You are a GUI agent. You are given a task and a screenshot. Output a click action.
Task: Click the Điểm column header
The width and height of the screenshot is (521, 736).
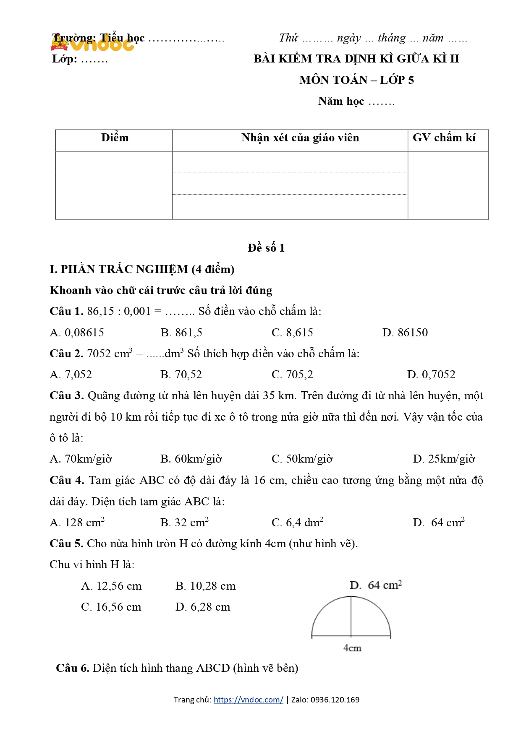tap(115, 138)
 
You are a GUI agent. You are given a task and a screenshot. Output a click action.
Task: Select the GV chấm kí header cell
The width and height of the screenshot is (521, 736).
tap(444, 138)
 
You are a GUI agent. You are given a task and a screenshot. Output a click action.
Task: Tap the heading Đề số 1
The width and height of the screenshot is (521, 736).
tap(266, 248)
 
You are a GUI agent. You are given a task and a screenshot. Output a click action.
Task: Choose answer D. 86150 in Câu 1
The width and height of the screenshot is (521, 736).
tap(405, 333)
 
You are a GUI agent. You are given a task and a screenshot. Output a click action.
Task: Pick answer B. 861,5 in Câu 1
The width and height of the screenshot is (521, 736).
tap(181, 333)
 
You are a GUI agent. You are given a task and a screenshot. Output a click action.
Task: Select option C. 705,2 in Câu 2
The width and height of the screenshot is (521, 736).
tap(292, 375)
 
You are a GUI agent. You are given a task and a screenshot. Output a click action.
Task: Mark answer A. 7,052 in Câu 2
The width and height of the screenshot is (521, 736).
tap(71, 375)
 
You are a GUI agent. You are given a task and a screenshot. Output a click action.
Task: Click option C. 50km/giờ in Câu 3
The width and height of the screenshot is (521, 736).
tap(302, 459)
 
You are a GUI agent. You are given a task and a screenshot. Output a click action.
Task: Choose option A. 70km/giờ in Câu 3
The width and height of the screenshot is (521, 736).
tap(81, 459)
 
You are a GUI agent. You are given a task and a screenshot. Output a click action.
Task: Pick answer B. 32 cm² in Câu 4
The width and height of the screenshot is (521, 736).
tap(184, 523)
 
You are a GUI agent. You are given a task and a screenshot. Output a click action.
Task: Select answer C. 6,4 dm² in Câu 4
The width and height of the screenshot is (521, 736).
tap(297, 523)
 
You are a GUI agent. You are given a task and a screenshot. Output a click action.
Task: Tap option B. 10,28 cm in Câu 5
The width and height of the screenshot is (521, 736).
tap(205, 586)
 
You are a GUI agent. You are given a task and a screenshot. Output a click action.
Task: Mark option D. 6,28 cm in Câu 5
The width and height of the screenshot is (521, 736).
tap(202, 607)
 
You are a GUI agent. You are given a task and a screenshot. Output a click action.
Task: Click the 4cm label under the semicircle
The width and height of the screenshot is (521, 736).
tap(352, 648)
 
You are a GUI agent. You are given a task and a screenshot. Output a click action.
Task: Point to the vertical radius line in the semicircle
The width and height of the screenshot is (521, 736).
tap(351, 616)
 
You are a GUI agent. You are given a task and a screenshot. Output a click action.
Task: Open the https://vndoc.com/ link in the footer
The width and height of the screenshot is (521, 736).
tap(248, 700)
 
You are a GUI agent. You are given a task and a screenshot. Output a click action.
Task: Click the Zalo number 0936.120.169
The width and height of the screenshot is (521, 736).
tap(335, 700)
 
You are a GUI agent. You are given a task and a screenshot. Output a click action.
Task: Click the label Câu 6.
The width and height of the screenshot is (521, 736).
tap(72, 668)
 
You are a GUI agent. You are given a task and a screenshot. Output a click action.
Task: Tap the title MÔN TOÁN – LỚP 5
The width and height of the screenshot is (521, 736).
tap(356, 80)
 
